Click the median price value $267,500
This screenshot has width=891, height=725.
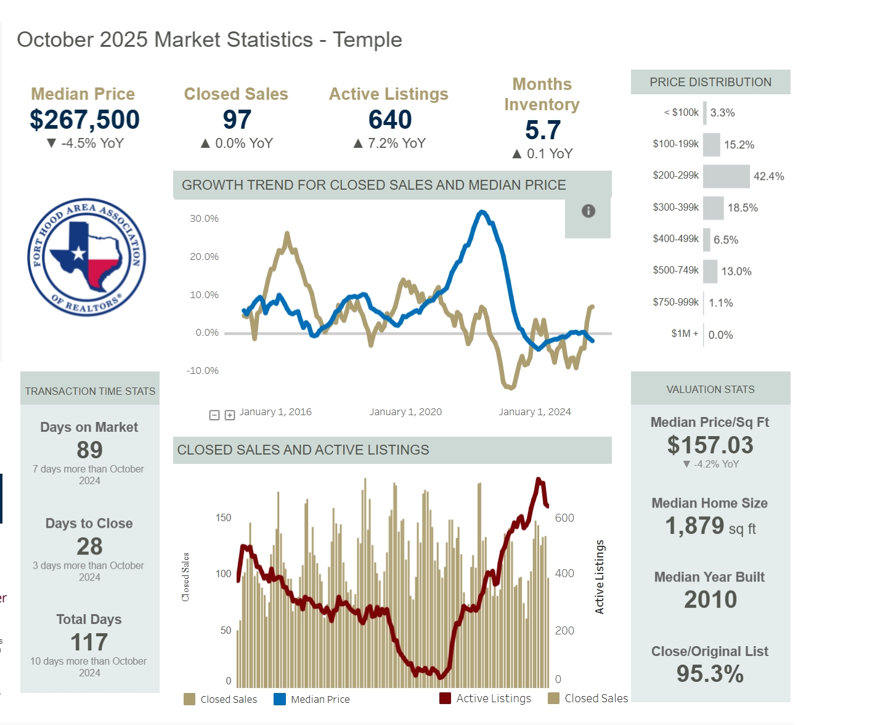tap(84, 119)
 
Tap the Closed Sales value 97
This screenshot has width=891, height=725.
tap(237, 119)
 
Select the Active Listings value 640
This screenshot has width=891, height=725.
tap(390, 119)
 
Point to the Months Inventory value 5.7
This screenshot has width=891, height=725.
tap(543, 130)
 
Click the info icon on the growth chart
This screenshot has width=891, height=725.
tap(588, 211)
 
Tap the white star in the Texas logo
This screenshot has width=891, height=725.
tap(78, 253)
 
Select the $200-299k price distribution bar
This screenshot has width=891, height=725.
tap(726, 176)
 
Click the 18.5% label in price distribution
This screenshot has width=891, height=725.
tap(742, 208)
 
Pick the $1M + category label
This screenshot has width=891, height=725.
tap(685, 334)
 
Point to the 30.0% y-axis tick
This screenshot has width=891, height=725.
tap(204, 219)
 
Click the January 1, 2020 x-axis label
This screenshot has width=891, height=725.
tap(405, 412)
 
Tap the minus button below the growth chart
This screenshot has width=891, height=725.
tap(214, 415)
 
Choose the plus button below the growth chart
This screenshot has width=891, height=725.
tap(230, 415)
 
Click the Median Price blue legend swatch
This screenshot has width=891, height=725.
tap(280, 699)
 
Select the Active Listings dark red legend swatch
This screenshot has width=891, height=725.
tap(445, 699)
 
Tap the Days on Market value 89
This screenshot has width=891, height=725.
tap(89, 450)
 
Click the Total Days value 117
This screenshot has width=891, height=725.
tap(89, 642)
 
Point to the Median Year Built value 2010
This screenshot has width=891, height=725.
tap(710, 599)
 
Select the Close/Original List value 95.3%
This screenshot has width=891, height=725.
tap(710, 674)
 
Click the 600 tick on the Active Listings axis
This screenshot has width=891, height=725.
tap(564, 518)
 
